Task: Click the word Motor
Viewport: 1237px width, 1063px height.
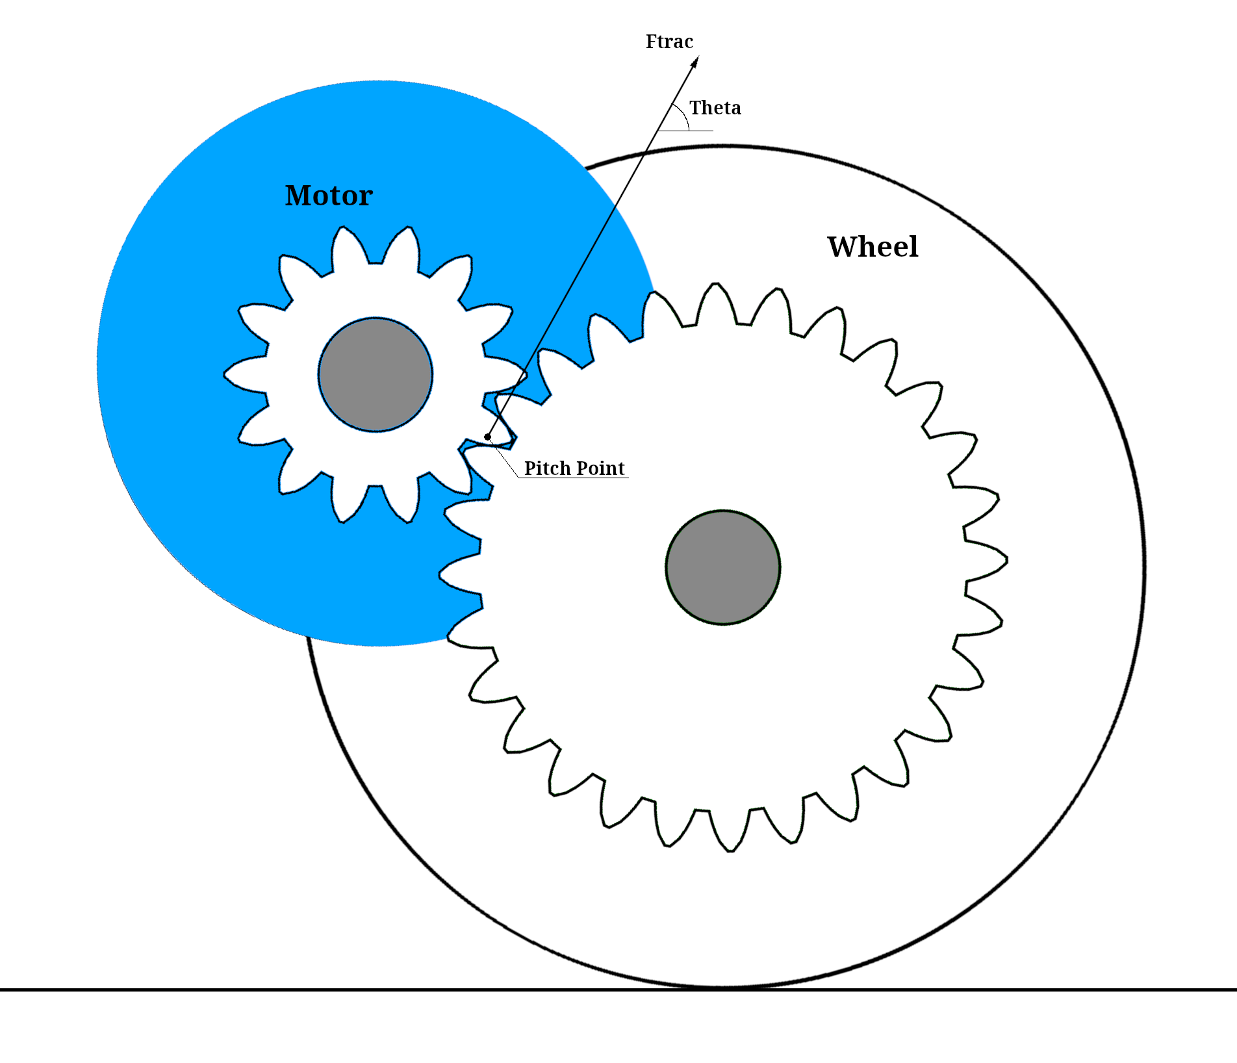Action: coord(329,196)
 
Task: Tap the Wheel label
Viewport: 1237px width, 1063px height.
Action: coord(873,247)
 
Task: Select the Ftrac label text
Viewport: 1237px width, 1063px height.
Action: coord(669,42)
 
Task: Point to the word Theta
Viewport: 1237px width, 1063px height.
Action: coord(715,108)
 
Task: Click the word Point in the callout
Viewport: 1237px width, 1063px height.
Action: coord(600,468)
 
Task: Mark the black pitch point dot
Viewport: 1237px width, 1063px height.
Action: coord(487,437)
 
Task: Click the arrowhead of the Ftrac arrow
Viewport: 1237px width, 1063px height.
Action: coord(695,62)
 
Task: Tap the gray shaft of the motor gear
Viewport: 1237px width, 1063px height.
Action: coord(376,375)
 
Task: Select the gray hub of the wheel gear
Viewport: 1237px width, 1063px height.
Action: coord(723,567)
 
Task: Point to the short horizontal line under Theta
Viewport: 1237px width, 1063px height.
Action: coord(685,131)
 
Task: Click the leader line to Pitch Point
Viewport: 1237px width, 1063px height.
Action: coord(504,458)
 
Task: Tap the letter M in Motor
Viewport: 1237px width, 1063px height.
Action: coord(298,196)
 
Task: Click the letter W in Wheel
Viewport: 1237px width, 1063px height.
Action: coord(843,247)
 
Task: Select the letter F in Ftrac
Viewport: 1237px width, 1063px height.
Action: coord(651,42)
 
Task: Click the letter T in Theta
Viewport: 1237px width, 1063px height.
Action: coord(695,108)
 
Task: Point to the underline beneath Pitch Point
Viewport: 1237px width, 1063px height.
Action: coord(573,478)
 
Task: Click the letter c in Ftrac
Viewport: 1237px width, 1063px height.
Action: coord(688,44)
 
